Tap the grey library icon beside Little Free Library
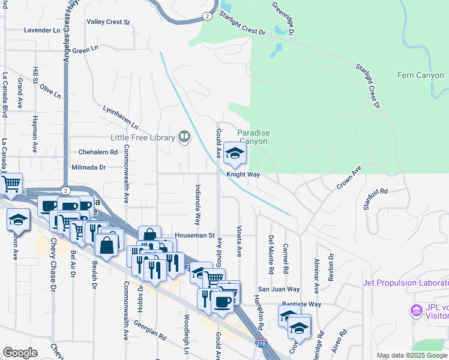coord(184,137)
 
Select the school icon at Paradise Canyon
coord(235,154)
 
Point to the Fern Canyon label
coord(420,75)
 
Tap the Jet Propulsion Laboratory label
coord(405,283)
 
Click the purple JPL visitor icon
coord(415,311)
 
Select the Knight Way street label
coord(243,175)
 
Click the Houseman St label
coord(194,235)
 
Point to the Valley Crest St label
coord(109,22)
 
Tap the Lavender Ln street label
coord(42,30)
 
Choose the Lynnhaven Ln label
coord(121,118)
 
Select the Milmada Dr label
coord(88,167)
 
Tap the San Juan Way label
coord(279,289)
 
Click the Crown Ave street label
coord(349,178)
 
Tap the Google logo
coord(20,352)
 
